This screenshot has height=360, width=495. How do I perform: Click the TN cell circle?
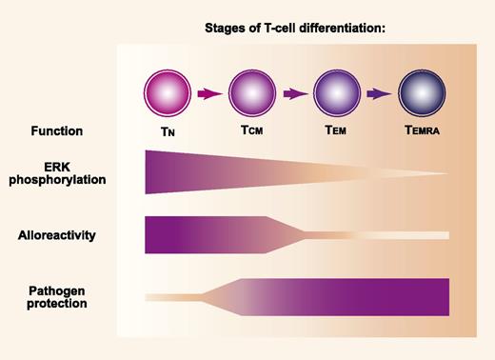click(168, 94)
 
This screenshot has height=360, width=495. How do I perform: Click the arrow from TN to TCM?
click(209, 94)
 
